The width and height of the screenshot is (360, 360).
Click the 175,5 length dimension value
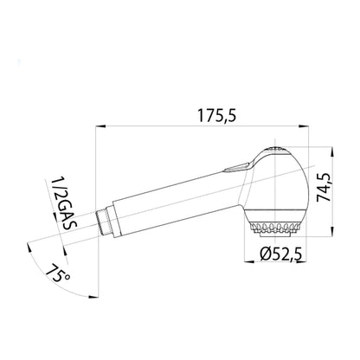[216, 115]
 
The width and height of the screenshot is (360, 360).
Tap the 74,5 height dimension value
[324, 187]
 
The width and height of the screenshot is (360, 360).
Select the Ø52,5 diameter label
[280, 254]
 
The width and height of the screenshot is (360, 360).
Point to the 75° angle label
[58, 273]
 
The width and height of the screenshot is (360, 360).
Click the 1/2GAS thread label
[64, 203]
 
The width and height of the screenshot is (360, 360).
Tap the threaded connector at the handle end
[103, 222]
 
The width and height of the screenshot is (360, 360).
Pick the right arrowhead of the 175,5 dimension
[304, 126]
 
